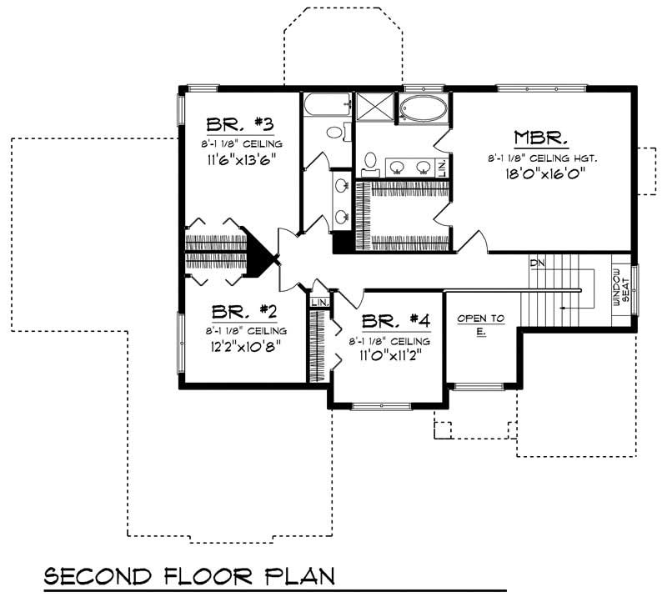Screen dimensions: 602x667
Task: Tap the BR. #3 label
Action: point(240,124)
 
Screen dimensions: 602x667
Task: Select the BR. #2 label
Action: point(243,312)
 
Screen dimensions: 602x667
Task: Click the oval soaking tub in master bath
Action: point(422,109)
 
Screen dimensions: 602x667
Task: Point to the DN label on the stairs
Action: point(536,263)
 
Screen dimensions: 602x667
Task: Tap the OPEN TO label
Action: point(480,319)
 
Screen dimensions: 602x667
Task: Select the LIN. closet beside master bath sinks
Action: point(441,168)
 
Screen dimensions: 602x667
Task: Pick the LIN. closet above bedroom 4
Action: point(318,301)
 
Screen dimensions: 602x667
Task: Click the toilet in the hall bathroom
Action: point(335,131)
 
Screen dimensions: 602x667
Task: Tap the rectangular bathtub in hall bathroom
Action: point(328,105)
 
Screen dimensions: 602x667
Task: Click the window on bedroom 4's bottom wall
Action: point(380,406)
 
